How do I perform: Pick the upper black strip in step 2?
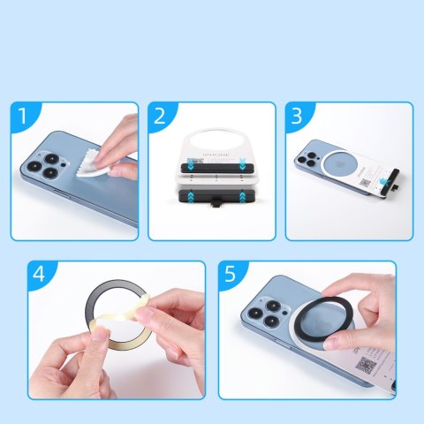(211, 164)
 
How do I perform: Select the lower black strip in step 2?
(212, 196)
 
